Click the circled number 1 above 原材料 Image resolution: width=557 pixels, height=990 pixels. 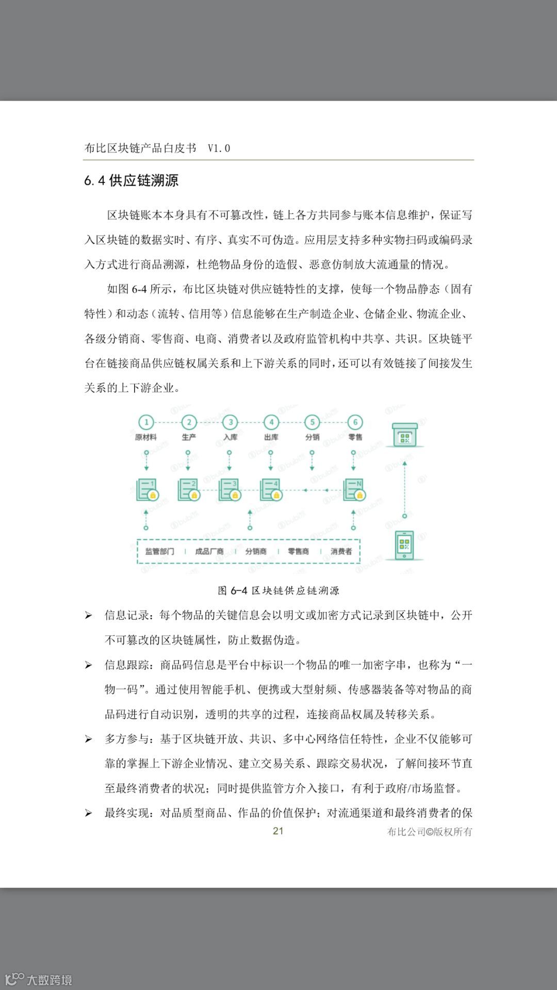click(146, 422)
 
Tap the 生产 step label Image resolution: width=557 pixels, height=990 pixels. click(189, 437)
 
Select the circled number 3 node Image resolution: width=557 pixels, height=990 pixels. click(230, 422)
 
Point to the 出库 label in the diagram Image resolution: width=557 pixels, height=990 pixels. click(271, 437)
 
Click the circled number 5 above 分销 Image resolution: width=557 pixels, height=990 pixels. click(312, 422)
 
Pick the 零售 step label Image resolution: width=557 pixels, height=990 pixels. click(355, 437)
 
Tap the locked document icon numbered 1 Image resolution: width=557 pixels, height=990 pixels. click(146, 490)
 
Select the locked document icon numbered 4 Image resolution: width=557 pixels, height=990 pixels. click(271, 490)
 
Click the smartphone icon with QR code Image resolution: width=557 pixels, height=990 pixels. click(405, 545)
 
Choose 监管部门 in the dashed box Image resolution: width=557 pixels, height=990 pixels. click(160, 551)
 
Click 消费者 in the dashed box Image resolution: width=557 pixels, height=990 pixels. click(341, 551)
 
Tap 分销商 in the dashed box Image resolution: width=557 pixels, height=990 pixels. click(256, 551)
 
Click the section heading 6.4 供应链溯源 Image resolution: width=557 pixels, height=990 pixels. click(132, 181)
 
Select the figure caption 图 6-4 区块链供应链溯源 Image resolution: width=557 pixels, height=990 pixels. click(278, 590)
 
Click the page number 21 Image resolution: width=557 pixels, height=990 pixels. click(278, 831)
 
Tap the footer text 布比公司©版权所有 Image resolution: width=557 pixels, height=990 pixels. click(430, 831)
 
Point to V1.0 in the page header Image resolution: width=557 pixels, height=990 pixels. click(219, 148)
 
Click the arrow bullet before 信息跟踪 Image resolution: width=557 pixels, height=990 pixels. click(89, 665)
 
